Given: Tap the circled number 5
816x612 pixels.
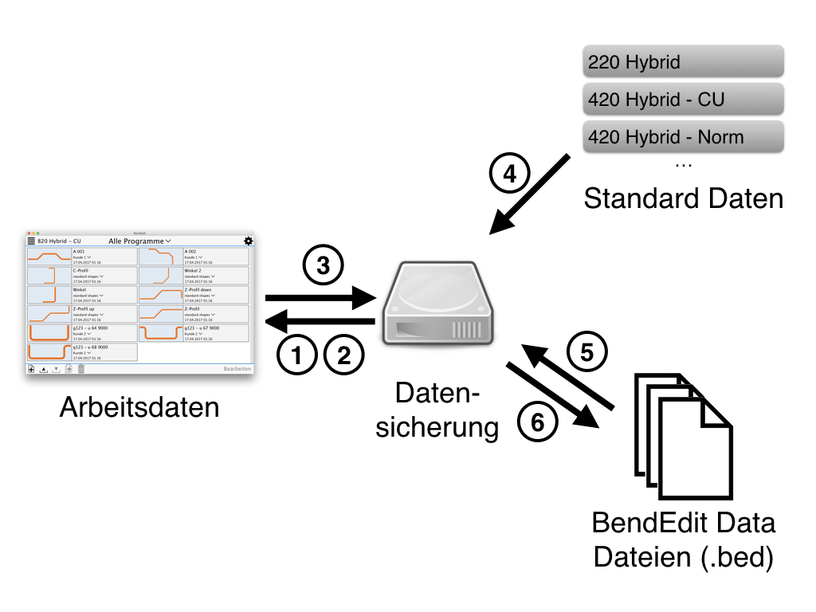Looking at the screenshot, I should tap(586, 351).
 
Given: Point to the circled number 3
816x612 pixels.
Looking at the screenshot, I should tap(323, 266).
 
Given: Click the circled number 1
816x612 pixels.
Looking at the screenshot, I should tap(297, 355).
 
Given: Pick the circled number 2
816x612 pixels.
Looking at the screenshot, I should tap(343, 355).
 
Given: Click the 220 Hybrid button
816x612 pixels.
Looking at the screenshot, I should tap(683, 62).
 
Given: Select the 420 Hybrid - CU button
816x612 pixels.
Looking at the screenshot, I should tap(683, 100).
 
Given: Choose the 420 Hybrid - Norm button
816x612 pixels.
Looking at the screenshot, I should tap(683, 136).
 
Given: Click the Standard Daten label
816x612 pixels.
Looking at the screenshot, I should tap(683, 198).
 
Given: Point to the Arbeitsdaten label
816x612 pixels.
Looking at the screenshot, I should tap(139, 407).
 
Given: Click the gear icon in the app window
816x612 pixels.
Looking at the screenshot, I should tap(248, 241).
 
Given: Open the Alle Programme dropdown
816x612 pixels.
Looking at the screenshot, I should tap(140, 241).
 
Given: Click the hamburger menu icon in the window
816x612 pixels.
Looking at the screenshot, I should tap(32, 241).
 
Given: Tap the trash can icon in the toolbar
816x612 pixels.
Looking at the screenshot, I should tap(80, 369).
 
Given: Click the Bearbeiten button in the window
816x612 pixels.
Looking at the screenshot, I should tap(237, 369).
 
